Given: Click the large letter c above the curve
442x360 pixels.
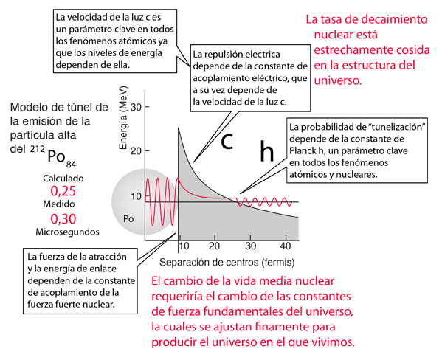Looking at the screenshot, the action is (x=227, y=141).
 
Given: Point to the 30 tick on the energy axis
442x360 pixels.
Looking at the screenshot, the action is (x=136, y=107).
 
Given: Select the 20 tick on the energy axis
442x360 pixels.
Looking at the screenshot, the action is (x=136, y=151).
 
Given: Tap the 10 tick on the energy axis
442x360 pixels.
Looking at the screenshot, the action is (x=136, y=196).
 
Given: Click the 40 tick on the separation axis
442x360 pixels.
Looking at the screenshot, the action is (x=286, y=246).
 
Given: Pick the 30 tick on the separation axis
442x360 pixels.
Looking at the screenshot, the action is (x=250, y=246).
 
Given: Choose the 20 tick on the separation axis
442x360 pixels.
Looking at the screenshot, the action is (x=214, y=246).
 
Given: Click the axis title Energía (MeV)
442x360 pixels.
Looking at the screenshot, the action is (x=123, y=117).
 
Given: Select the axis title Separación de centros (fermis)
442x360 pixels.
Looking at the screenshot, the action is (x=227, y=263).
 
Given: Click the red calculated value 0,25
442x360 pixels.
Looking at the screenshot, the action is (x=63, y=191).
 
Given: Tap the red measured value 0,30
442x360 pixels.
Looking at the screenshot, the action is (x=63, y=219).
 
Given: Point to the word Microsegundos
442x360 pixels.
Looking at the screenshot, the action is (x=67, y=232).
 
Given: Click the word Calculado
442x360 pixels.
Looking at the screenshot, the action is (x=63, y=179).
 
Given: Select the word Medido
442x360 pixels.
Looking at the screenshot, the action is (x=58, y=204).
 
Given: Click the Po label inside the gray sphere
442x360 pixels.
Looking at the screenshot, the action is (x=128, y=219).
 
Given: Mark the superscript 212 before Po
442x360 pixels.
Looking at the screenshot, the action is (x=38, y=148).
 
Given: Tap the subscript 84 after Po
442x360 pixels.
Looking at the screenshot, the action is (x=71, y=165).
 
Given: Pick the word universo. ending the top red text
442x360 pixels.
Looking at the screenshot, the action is (x=338, y=80).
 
